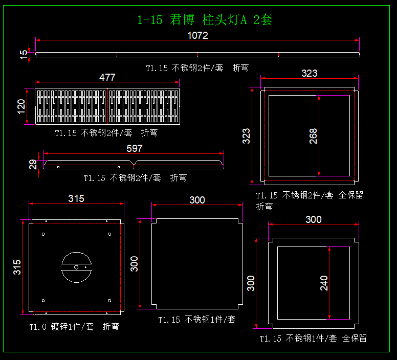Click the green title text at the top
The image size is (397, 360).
coord(205,20)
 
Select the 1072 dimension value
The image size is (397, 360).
coord(197,35)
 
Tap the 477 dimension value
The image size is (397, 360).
coord(107,77)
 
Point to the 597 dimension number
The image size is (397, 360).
coord(134,148)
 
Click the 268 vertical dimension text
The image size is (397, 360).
coord(313,136)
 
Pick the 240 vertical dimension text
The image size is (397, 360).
coord(324,283)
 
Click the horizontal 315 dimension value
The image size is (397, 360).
coord(76,198)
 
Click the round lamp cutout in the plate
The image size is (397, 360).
coord(76,267)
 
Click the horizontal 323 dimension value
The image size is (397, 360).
coord(309,73)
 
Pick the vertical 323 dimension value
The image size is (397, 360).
coord(246,136)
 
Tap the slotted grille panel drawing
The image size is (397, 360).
coord(107,106)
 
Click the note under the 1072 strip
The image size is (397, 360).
coord(197,67)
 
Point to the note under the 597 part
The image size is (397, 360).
coord(135,178)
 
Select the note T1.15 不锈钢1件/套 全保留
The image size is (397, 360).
coord(313,338)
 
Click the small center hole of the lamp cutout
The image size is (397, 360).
coord(76,267)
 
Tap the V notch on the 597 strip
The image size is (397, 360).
coord(134,164)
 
